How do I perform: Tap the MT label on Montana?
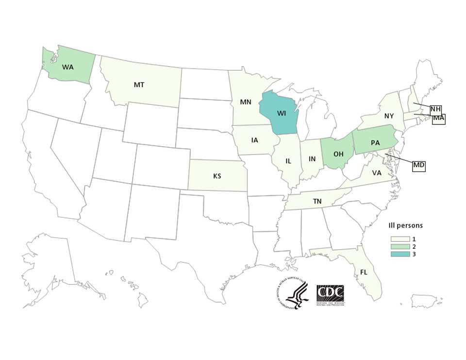pyautogui.click(x=139, y=85)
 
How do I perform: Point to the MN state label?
pyautogui.click(x=246, y=103)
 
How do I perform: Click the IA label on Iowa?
pyautogui.click(x=255, y=140)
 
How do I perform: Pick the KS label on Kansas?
pyautogui.click(x=217, y=175)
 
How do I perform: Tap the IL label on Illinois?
pyautogui.click(x=288, y=161)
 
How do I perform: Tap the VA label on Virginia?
pyautogui.click(x=376, y=172)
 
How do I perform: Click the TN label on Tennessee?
pyautogui.click(x=317, y=201)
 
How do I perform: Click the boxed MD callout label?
pyautogui.click(x=419, y=166)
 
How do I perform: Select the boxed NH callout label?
pyautogui.click(x=435, y=109)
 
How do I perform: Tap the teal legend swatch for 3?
pyautogui.click(x=397, y=254)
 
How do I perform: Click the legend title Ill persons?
pyautogui.click(x=405, y=225)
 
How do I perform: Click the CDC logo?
pyautogui.click(x=330, y=294)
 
